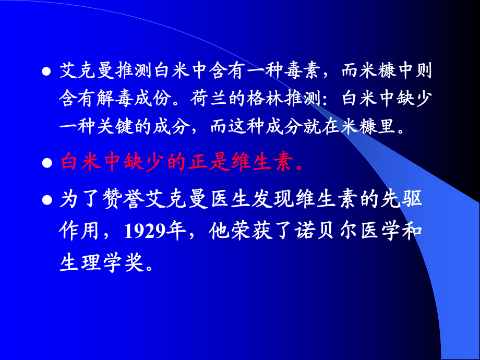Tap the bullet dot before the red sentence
pyautogui.click(x=46, y=164)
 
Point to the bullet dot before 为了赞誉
pyautogui.click(x=46, y=200)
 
